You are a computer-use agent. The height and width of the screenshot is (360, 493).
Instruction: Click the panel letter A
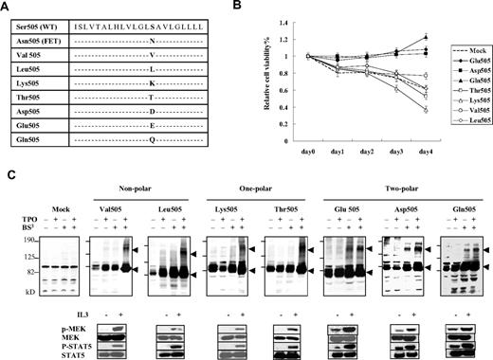pos(7,6)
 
